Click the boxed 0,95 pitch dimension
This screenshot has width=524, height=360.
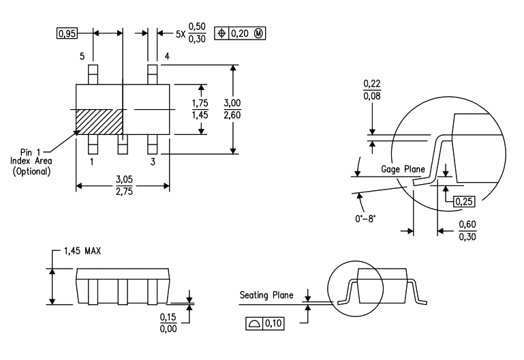coord(67,33)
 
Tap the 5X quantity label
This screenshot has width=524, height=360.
coord(181,34)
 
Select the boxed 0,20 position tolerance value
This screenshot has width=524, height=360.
coord(240,33)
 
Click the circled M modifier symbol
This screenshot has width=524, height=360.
coord(258,33)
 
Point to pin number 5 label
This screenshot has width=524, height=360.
coord(82,56)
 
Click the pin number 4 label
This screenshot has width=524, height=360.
coord(167,56)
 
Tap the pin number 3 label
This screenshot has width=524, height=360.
coord(153,162)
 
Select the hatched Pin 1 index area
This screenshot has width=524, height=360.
coord(99,122)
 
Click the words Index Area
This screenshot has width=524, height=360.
coord(31,161)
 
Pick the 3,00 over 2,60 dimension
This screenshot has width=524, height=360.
coord(232,109)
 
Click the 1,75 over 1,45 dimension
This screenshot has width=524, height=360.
coord(200,109)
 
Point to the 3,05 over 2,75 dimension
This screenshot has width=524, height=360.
coord(124,185)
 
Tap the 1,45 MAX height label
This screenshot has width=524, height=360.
coord(82,251)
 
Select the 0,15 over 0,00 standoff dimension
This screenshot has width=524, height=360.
coord(168,323)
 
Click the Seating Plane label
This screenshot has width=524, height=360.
coord(266,295)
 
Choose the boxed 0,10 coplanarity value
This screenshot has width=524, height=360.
coord(273,324)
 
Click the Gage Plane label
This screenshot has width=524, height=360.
coord(403,169)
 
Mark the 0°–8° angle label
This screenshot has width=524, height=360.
coord(365,219)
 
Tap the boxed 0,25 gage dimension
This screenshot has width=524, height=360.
coord(464,202)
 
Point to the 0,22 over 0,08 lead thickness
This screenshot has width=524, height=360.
coord(372,90)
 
